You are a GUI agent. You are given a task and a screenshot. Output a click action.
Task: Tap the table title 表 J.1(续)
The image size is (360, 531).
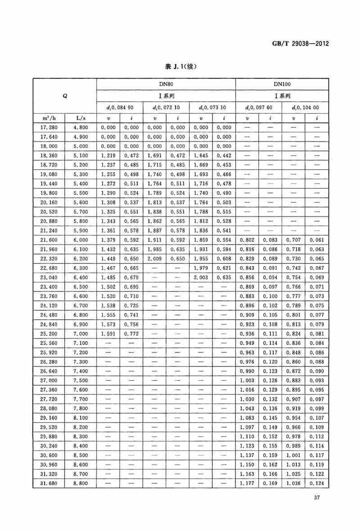click(181, 67)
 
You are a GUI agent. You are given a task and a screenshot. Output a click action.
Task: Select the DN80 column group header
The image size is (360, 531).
click(166, 84)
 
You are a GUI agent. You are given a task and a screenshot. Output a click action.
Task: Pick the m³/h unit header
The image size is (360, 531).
click(49, 118)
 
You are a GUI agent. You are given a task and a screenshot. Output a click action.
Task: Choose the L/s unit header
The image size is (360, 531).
click(81, 118)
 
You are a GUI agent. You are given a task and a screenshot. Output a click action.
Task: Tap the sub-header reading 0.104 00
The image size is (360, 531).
click(305, 107)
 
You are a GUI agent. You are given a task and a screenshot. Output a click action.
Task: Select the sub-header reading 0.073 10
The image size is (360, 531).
click(213, 107)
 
